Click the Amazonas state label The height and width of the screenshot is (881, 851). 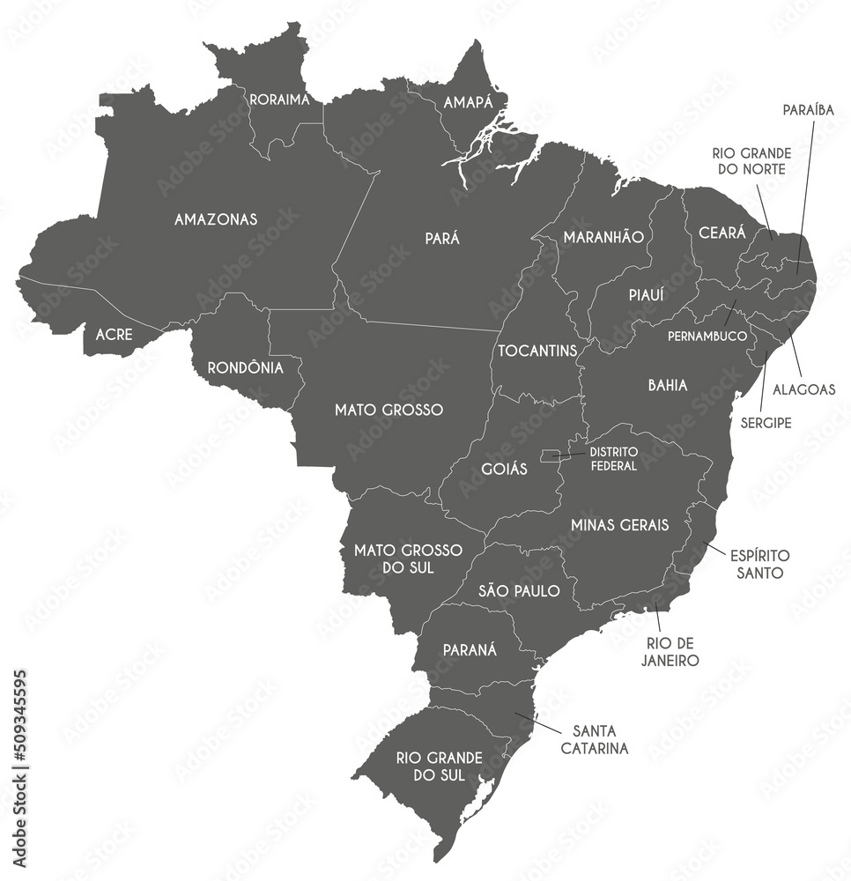coord(216,218)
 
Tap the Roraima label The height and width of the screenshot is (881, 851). coord(279,100)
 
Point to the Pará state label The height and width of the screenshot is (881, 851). coord(442,238)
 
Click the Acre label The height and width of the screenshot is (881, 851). coord(113,335)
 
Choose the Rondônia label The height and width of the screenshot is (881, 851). coord(245,367)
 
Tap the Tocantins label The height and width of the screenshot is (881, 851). coord(537,351)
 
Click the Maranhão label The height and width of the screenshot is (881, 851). coord(603,237)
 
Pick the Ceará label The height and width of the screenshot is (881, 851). coord(721,233)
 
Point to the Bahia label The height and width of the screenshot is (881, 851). coord(668,385)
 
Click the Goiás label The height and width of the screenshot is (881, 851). coord(505,469)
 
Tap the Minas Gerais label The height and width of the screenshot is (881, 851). coord(619,525)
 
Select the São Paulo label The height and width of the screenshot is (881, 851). coord(519,590)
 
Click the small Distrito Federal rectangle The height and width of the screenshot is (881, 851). coord(549,455)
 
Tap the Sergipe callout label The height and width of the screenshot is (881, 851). coord(765,423)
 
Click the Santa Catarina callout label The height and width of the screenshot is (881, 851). coord(600,739)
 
